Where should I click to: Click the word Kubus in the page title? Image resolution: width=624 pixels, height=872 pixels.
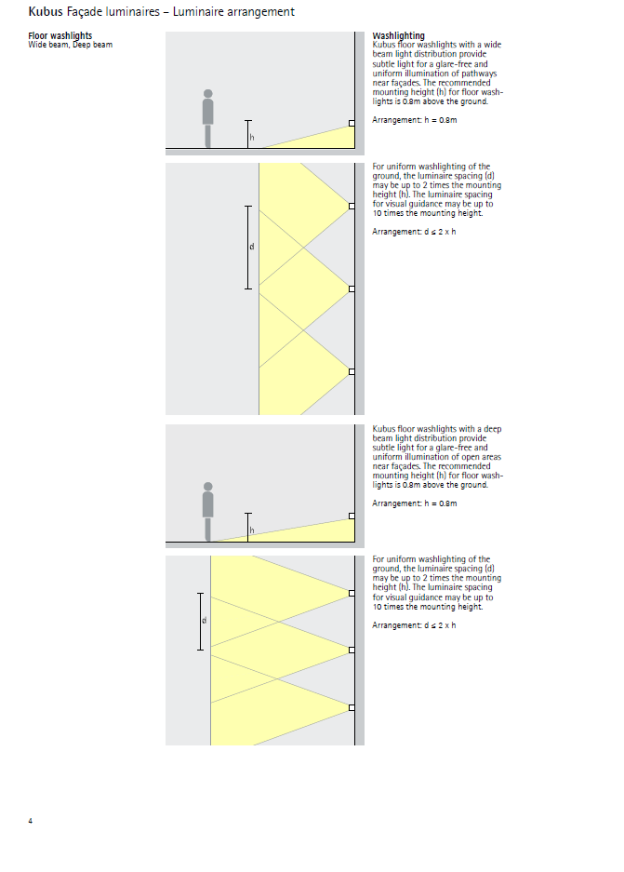(45, 12)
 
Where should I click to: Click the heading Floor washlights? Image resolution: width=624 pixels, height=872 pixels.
(60, 36)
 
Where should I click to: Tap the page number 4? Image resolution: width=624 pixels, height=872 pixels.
(31, 821)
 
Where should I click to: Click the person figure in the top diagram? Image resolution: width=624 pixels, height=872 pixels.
(208, 118)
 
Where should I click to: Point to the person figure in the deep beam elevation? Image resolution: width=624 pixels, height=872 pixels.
(208, 510)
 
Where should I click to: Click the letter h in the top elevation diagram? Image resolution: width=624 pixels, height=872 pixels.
(251, 139)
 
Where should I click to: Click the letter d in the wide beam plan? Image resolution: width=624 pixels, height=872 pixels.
(251, 247)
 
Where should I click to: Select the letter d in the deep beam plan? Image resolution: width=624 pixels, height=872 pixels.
(204, 621)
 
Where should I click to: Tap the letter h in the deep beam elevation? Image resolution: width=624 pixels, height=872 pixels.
(250, 530)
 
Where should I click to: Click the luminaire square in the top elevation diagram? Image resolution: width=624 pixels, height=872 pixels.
(352, 123)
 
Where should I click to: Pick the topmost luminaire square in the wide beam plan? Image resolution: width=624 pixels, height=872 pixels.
(352, 206)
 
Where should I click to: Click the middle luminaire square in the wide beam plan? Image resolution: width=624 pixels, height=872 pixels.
(352, 288)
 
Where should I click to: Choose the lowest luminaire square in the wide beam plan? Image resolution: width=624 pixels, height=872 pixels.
(352, 371)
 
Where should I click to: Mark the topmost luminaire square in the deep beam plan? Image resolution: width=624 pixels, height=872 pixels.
(352, 592)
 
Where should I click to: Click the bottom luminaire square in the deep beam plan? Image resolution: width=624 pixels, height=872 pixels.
(352, 707)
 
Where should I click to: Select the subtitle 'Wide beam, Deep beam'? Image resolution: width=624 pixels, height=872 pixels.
(70, 45)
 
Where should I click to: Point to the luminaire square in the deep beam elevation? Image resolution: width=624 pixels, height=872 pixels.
(352, 515)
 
